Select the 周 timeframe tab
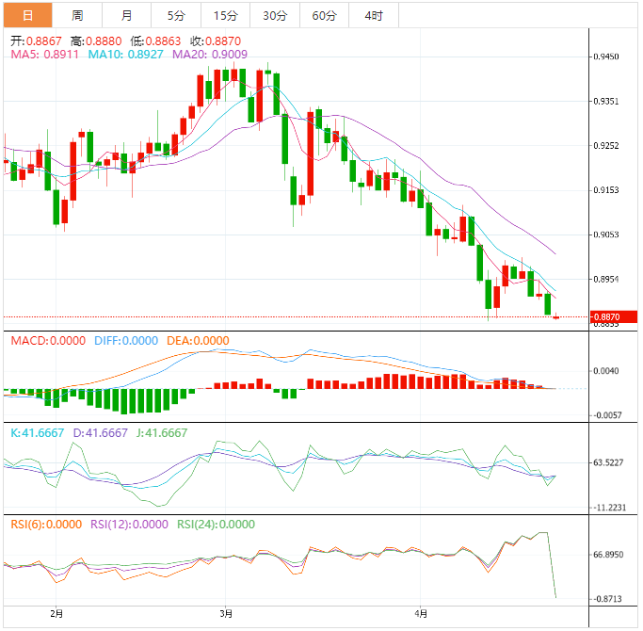coord(77,15)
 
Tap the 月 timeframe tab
coord(127,15)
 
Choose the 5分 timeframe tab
coord(176,15)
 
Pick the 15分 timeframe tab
coord(226,15)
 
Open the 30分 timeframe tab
coord(275,15)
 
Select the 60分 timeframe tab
coord(324,15)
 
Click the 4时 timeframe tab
coord(373,15)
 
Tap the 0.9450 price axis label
coord(606,57)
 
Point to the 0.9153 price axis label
coord(606,190)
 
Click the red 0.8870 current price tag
coord(613,317)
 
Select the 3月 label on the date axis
coord(225,614)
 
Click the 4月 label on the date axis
coord(422,614)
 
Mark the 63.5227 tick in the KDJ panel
coord(609,462)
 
